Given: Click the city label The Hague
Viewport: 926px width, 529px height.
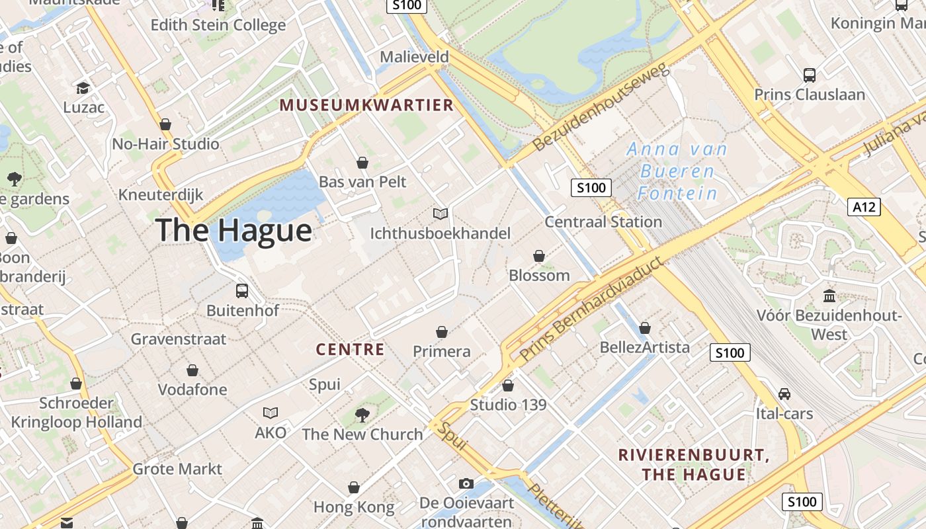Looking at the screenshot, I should [233, 230].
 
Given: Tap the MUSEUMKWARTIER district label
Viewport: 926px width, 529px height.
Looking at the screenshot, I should [366, 105].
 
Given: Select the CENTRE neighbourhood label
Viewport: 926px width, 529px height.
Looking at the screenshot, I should [350, 350].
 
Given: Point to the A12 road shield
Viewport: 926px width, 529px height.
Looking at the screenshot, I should [864, 207].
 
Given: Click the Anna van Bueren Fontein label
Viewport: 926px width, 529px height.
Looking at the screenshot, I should [677, 171].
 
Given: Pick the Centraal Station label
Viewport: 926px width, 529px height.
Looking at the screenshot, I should [603, 222].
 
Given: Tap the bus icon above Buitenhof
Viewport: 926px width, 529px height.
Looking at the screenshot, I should [242, 290].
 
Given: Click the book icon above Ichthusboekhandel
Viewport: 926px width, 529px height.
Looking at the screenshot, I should [441, 214].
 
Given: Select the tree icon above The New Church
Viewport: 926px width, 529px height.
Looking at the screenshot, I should [362, 415].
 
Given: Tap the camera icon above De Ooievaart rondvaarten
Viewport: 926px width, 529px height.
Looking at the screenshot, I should [466, 484].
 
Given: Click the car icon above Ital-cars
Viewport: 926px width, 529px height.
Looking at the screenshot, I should [784, 394].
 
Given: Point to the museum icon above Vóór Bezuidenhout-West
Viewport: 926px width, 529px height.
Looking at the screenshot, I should [829, 296].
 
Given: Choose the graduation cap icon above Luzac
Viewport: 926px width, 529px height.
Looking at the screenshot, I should [83, 88].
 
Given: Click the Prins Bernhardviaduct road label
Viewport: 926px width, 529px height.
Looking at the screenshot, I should [591, 309].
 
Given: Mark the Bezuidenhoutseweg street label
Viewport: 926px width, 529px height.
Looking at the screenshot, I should [601, 107].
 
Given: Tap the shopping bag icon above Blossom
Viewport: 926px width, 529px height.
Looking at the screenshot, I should [539, 256].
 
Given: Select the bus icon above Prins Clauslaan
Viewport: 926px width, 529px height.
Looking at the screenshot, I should [810, 75].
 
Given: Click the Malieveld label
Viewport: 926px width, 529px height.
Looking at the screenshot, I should [414, 58].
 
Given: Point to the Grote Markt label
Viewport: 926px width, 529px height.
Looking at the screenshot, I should [177, 469].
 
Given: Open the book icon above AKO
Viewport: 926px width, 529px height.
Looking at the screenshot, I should [271, 413].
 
